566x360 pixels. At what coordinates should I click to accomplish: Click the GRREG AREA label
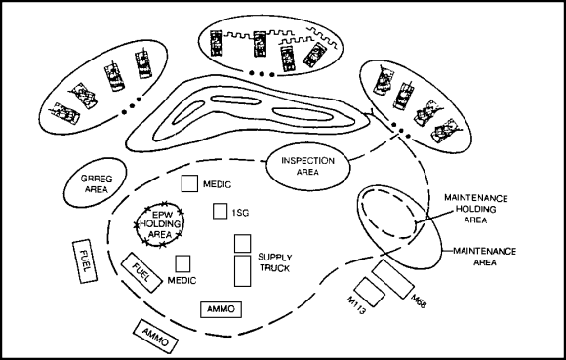click(x=97, y=184)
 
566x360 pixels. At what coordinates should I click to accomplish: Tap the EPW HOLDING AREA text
click(x=160, y=224)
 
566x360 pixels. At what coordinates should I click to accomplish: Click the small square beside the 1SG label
click(x=220, y=211)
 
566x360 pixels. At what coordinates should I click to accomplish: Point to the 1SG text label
click(x=240, y=213)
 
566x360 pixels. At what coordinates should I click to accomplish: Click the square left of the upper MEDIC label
click(x=189, y=183)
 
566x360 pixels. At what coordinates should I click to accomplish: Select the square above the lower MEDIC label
click(x=182, y=263)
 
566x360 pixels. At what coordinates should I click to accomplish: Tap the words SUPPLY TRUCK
click(x=274, y=262)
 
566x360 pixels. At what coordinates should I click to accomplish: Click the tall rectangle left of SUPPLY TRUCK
click(x=243, y=271)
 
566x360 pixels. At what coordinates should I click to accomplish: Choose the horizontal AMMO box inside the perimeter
click(x=221, y=309)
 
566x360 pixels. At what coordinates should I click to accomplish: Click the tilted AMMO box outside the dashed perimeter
click(x=155, y=337)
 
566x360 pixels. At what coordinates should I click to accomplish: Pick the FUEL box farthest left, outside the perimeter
click(x=85, y=261)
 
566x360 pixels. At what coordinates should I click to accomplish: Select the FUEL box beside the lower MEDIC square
click(x=141, y=272)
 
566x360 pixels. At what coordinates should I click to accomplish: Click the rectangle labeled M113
click(x=370, y=292)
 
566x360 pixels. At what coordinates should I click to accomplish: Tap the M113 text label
click(x=356, y=304)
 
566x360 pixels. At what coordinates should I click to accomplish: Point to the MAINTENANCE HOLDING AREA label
click(x=476, y=209)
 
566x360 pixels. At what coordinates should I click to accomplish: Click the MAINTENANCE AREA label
click(x=485, y=257)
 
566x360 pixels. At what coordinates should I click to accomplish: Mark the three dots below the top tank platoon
click(x=262, y=74)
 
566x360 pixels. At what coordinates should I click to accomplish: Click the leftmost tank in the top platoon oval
click(x=216, y=43)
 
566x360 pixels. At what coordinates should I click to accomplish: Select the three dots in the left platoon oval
click(x=132, y=105)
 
